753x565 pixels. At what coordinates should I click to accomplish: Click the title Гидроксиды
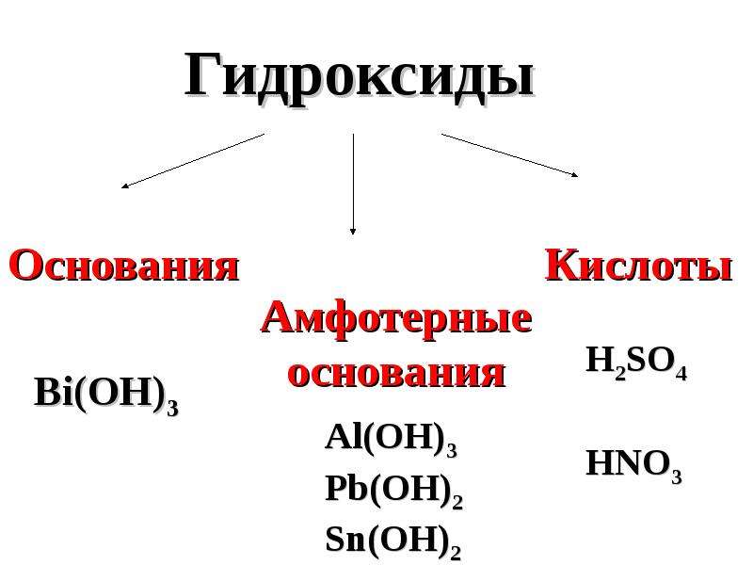(360, 76)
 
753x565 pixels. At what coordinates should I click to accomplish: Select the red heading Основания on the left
(124, 266)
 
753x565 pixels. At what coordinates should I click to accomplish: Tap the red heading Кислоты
(639, 265)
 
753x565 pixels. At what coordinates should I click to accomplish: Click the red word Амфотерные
(396, 318)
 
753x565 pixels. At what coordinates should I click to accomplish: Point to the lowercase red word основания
(396, 373)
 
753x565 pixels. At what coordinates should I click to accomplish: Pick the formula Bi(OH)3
(106, 395)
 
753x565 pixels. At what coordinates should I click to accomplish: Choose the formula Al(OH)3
(391, 439)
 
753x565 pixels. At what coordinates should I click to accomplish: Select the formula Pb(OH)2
(393, 490)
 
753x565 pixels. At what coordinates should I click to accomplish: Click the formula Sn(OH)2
(393, 541)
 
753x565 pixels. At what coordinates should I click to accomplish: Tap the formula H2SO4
(636, 363)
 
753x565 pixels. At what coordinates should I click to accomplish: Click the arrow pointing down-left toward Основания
(193, 161)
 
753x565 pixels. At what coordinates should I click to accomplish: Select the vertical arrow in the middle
(353, 184)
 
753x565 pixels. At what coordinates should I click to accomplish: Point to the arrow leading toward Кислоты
(509, 155)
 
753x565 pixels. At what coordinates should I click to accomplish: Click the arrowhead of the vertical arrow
(353, 231)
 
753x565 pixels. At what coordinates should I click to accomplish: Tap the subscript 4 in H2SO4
(681, 373)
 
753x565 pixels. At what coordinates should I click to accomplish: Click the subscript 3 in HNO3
(677, 476)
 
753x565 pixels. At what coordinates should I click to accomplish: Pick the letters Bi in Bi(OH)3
(54, 393)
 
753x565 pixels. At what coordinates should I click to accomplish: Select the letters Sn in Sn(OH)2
(345, 539)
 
